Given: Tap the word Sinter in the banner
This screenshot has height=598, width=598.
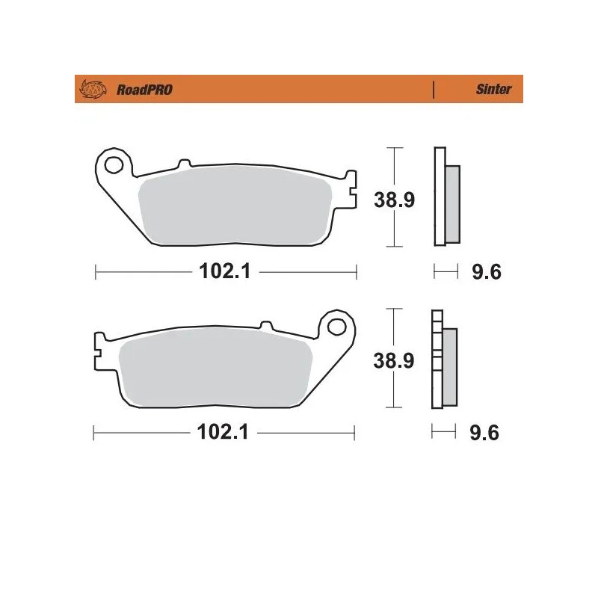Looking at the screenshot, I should point(494,90).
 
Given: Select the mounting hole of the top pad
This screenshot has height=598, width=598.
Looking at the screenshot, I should point(114,164).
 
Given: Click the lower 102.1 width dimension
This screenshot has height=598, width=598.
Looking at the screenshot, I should point(223,432).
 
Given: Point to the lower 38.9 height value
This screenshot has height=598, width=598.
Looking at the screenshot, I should point(394,361).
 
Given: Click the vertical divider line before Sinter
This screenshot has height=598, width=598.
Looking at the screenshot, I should point(434,90).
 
